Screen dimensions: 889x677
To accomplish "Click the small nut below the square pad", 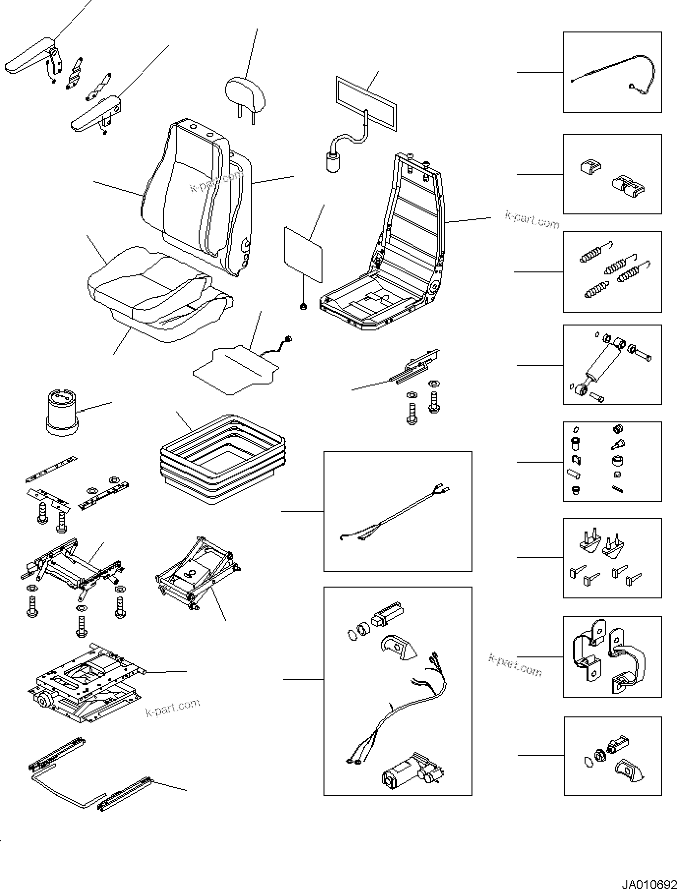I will [303, 307].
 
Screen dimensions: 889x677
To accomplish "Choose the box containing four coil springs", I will [612, 272].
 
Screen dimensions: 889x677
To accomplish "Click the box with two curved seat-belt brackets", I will [612, 656].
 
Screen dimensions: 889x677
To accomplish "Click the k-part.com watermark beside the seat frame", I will [532, 220].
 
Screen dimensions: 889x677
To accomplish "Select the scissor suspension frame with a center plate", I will [197, 573].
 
